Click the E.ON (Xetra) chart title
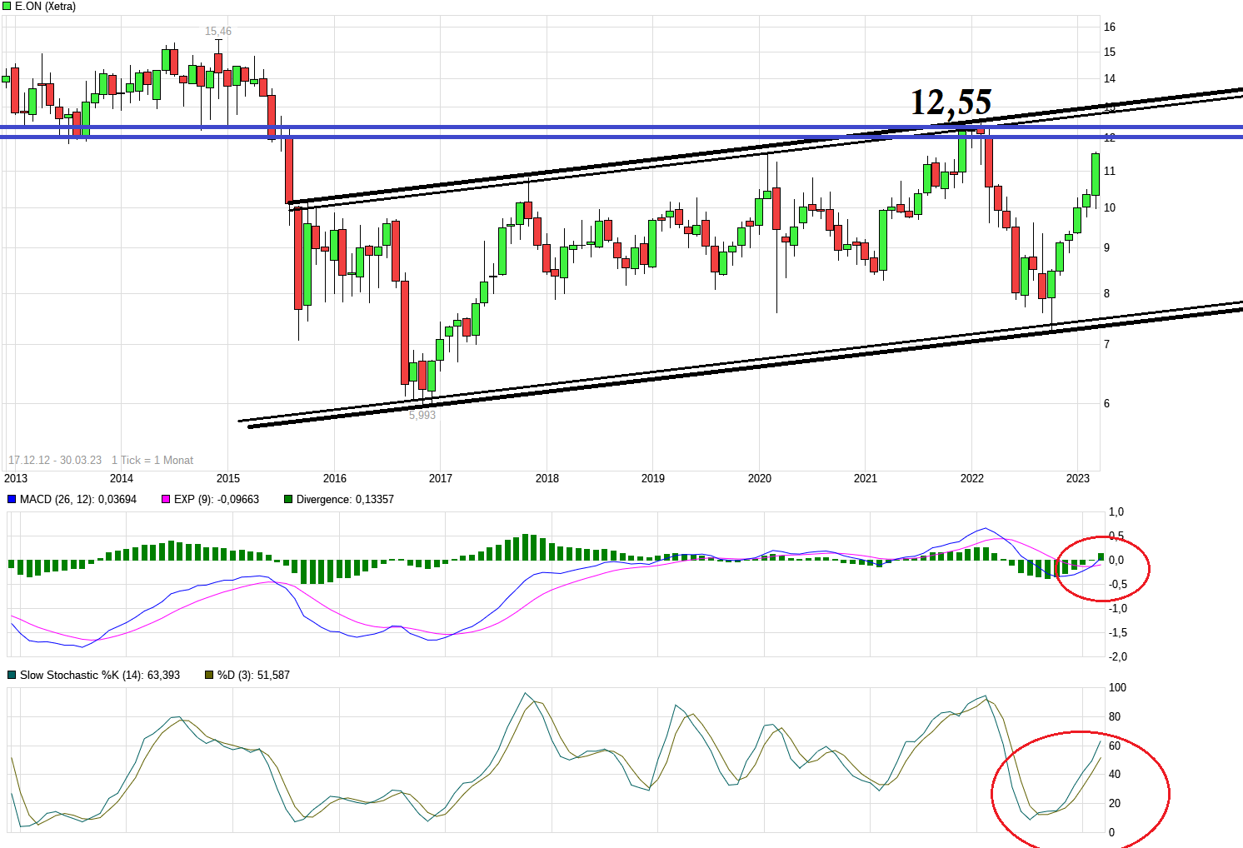click(x=45, y=7)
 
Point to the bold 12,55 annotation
click(x=951, y=102)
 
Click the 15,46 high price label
click(x=218, y=32)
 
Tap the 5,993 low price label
click(x=422, y=415)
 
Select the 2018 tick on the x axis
click(x=547, y=478)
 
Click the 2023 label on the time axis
click(x=1078, y=478)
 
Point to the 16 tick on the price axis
click(x=1110, y=27)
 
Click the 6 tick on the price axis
click(x=1107, y=403)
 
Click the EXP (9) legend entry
click(x=216, y=499)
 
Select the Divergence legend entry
click(x=344, y=499)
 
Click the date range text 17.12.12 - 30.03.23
click(x=55, y=460)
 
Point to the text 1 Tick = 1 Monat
click(x=152, y=460)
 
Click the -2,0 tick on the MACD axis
click(x=1117, y=656)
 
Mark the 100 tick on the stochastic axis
click(x=1117, y=687)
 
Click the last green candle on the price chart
click(x=1096, y=174)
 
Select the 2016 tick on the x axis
click(x=335, y=478)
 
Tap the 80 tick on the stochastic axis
click(x=1115, y=716)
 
